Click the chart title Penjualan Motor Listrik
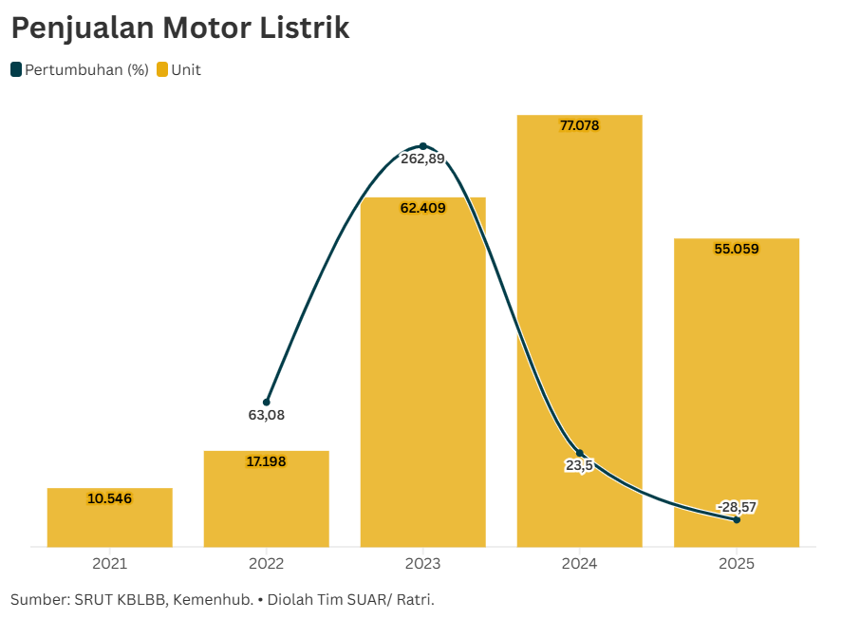click(180, 28)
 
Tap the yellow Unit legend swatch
click(162, 69)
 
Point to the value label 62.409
click(423, 208)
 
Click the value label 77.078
click(580, 125)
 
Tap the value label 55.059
click(737, 249)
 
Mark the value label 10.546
click(110, 498)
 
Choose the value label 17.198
click(267, 461)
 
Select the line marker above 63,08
click(267, 403)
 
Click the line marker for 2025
click(737, 519)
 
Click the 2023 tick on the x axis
click(423, 564)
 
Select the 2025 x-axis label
click(737, 564)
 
